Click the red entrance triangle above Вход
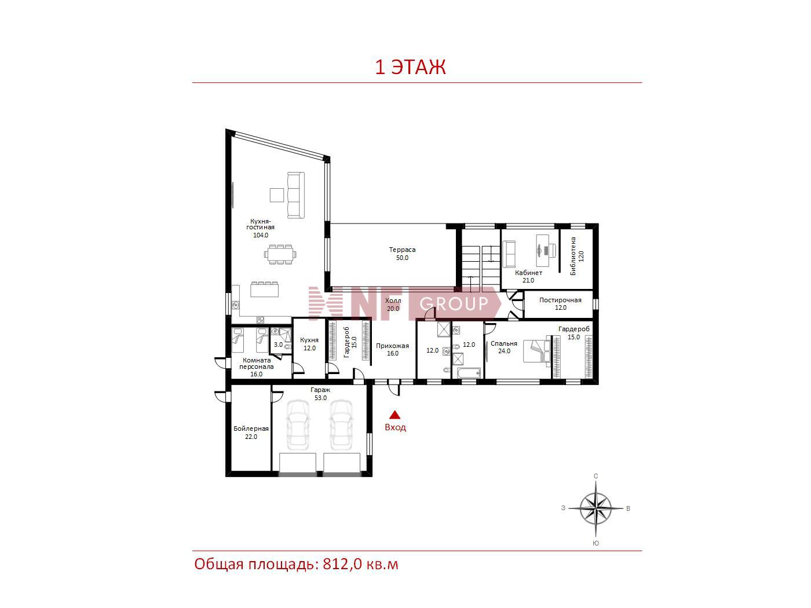point(394,415)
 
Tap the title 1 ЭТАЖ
point(411,67)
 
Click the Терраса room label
point(402,250)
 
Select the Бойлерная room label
point(251,428)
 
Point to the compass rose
point(596,508)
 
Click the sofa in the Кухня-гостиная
point(296,195)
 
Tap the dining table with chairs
point(280,254)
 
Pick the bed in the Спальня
point(537,351)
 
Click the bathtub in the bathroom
point(469,373)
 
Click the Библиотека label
point(573,256)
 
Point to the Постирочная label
point(560,300)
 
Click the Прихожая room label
point(392,346)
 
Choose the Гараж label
point(320,390)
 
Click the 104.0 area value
point(261,235)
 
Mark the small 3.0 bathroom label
point(278,345)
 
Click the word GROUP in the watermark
point(454,304)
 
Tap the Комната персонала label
point(257,363)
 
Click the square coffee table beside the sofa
point(277,195)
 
